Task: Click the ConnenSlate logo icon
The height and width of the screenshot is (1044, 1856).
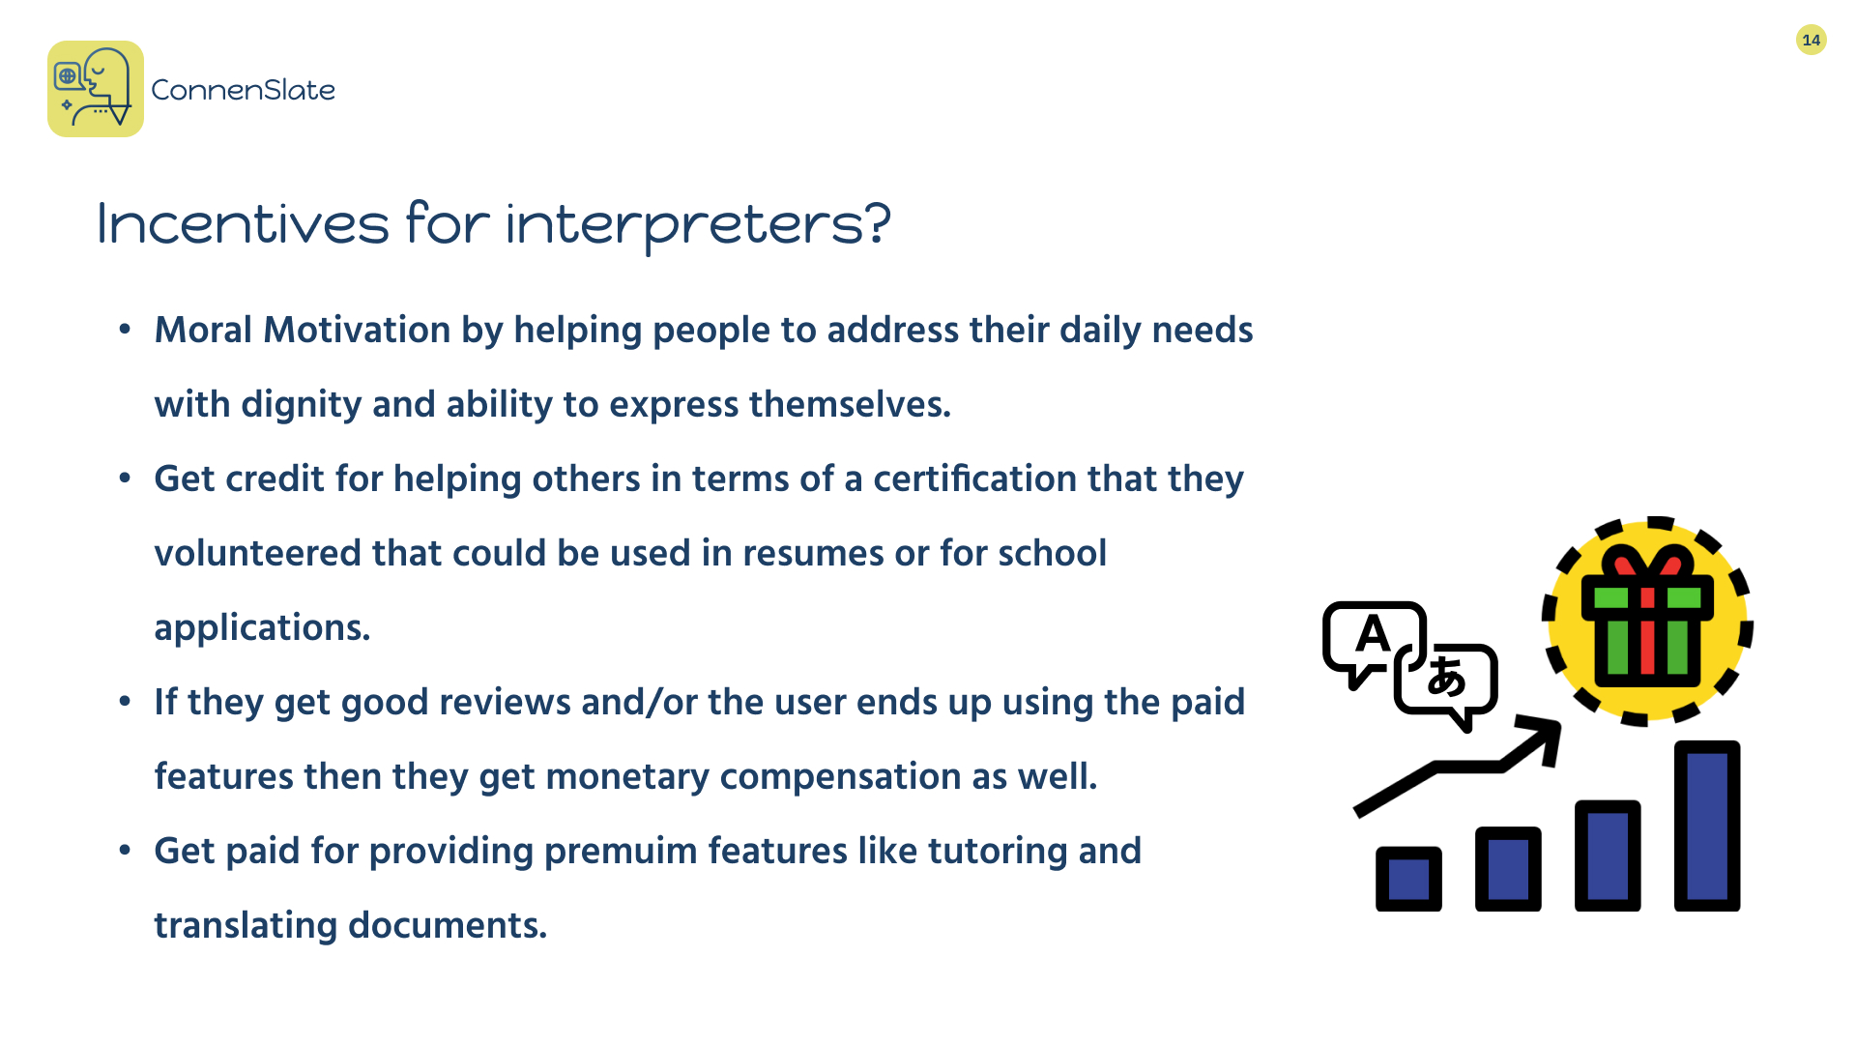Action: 96,89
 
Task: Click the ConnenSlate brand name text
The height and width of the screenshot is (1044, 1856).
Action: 243,90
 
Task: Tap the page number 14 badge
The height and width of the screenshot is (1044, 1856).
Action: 1811,40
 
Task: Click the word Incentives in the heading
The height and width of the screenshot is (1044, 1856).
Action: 243,223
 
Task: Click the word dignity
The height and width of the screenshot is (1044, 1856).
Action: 302,405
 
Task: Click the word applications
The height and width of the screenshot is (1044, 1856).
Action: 262,628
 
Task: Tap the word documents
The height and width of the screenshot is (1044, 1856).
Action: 448,925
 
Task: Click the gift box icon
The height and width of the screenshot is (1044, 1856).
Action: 1647,621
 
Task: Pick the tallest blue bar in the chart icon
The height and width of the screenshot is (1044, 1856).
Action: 1707,826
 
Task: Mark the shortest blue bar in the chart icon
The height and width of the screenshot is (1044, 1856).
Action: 1408,879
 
